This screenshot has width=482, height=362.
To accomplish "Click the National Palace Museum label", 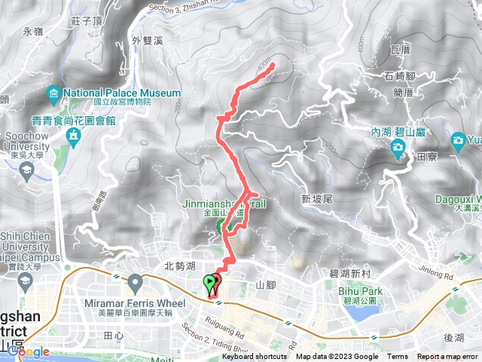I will click(122, 93).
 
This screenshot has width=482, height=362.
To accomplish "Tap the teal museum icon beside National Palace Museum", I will click(53, 94).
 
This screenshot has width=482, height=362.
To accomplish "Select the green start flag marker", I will click(209, 284).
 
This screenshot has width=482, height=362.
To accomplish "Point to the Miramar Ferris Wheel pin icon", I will click(136, 283).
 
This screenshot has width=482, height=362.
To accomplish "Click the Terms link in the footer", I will click(398, 357).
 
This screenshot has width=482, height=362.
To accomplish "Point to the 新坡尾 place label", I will click(316, 199).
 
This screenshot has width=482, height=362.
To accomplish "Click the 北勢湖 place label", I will click(180, 265).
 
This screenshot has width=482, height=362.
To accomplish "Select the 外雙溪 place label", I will click(146, 41).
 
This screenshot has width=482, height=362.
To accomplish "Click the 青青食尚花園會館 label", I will click(74, 119).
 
